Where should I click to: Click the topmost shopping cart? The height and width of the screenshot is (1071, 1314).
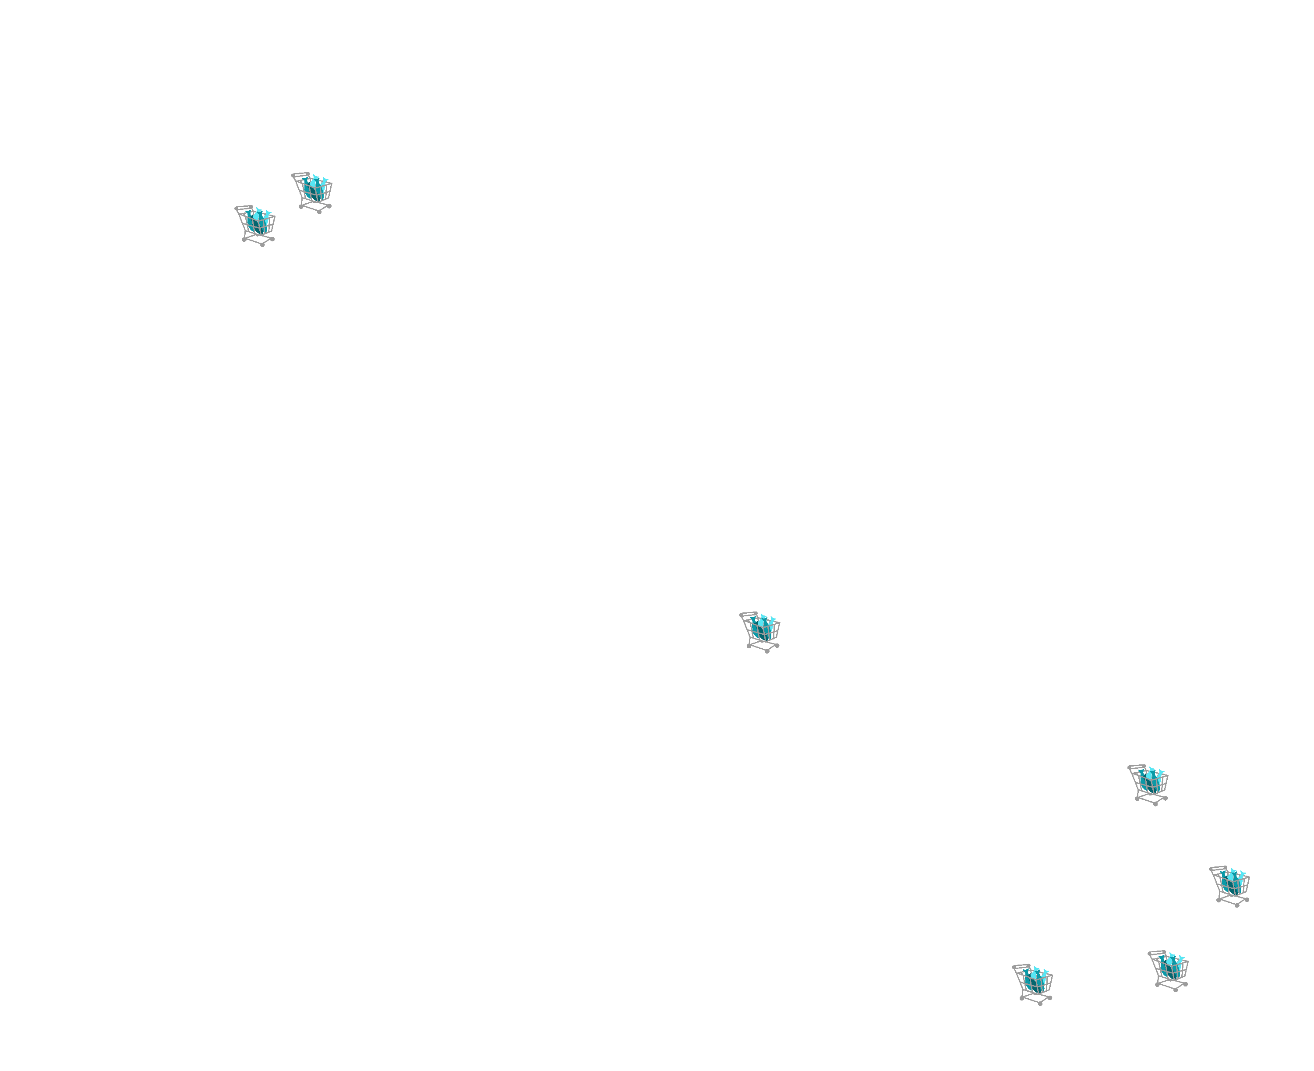312,192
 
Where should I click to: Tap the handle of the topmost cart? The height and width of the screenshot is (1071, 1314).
300,175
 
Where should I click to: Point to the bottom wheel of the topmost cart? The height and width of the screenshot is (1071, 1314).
320,212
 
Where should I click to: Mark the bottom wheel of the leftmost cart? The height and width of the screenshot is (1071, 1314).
263,245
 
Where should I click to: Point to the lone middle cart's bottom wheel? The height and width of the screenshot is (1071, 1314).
767,651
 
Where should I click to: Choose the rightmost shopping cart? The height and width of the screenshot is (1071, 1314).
1230,886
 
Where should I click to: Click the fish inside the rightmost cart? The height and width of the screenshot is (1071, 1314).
1233,882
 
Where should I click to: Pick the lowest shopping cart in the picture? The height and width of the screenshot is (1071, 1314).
1033,984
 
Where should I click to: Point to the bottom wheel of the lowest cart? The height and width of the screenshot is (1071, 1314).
1041,1004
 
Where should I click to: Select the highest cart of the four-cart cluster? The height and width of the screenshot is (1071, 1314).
1149,785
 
